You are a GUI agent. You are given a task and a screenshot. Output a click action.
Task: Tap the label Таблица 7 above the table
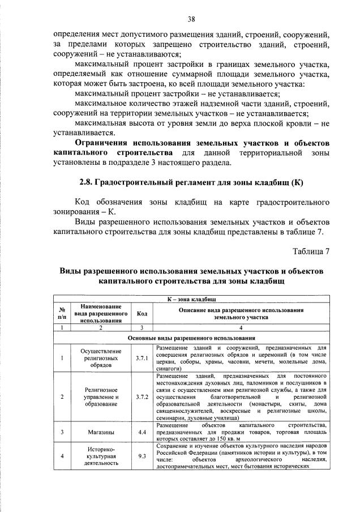pyautogui.click(x=310, y=251)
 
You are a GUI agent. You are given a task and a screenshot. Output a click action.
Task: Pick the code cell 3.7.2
pyautogui.click(x=142, y=396)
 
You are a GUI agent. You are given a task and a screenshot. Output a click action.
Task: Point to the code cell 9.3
pyautogui.click(x=142, y=455)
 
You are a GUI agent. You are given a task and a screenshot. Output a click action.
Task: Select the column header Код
pyautogui.click(x=142, y=313)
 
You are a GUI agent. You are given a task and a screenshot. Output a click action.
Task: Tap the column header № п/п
pyautogui.click(x=61, y=313)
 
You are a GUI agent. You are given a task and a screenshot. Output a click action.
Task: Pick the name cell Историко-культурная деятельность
pyautogui.click(x=101, y=455)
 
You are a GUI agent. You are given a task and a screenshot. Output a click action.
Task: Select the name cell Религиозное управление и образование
pyautogui.click(x=101, y=396)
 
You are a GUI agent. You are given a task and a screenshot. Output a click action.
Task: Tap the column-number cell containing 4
pyautogui.click(x=241, y=327)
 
